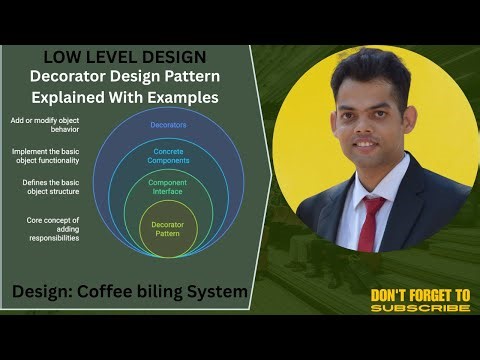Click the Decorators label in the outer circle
(x=168, y=125)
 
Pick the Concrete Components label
(x=168, y=156)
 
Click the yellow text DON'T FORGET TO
(x=420, y=295)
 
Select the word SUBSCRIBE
(x=420, y=308)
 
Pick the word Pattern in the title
(x=209, y=76)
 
